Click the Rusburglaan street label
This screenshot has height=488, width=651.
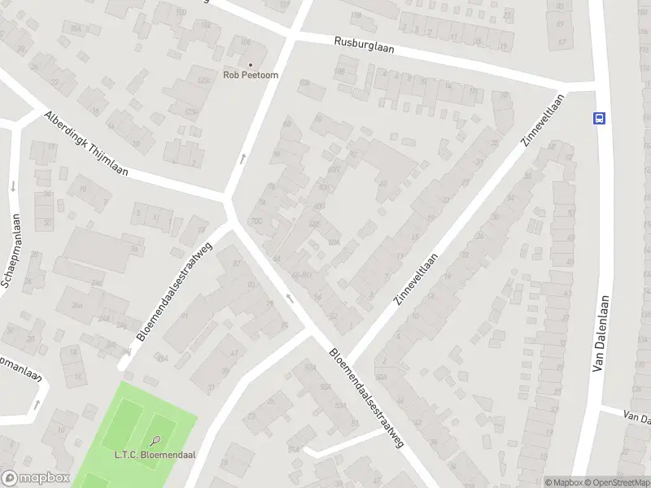click(x=364, y=45)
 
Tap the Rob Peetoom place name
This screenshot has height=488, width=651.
click(x=251, y=76)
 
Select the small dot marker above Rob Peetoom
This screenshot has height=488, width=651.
click(x=251, y=64)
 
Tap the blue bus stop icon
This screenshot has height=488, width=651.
click(x=600, y=118)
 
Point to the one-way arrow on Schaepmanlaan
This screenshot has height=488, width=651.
click(x=13, y=186)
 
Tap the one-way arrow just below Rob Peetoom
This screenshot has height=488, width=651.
click(x=242, y=158)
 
